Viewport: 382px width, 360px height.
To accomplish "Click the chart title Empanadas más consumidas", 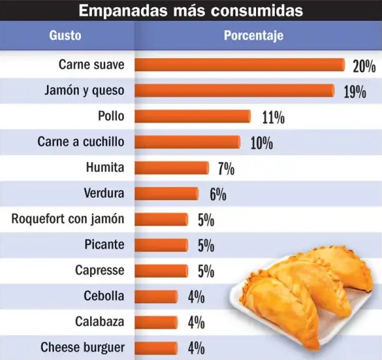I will (x=190, y=10).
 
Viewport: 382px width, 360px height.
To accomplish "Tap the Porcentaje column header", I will (x=253, y=36).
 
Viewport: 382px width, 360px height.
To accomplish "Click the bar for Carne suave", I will (x=239, y=64).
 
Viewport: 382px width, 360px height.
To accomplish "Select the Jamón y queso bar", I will (x=235, y=90).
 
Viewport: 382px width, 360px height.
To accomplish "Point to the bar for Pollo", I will (x=192, y=116).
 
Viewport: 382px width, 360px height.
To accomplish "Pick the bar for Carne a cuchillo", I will (x=187, y=142).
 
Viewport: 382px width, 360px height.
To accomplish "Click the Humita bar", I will (x=171, y=168).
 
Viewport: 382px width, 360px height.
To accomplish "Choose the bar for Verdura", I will (x=166, y=193).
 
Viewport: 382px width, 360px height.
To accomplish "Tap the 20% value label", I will (x=363, y=66).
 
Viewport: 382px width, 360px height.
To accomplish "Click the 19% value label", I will (x=354, y=92).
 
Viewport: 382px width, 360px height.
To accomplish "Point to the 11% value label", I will (x=273, y=118).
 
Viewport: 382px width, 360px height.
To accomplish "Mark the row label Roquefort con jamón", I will (x=68, y=219).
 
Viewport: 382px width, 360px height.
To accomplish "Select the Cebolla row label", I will (x=103, y=296).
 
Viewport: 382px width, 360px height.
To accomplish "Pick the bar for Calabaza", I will (x=156, y=322).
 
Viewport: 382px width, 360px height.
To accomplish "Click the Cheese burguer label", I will (x=83, y=348).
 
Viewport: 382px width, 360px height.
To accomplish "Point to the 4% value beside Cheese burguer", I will (x=196, y=348).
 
